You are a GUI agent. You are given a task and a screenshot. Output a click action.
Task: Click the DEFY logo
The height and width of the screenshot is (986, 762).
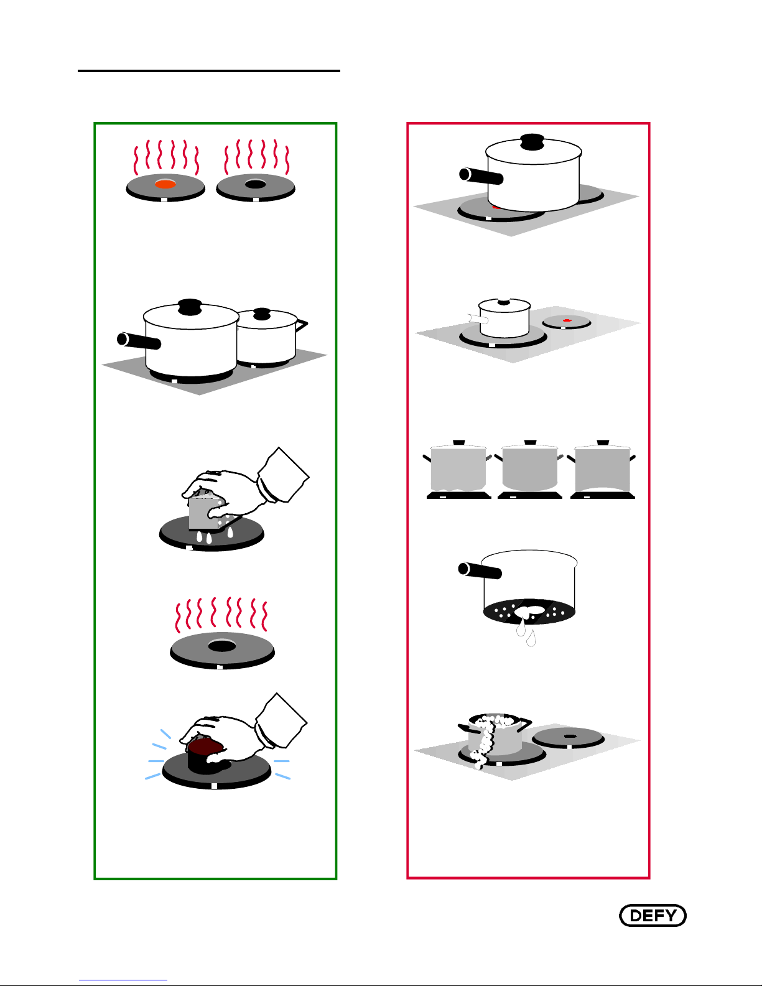tap(653, 916)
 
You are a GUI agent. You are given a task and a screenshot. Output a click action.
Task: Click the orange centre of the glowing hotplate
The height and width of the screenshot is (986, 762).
tap(165, 184)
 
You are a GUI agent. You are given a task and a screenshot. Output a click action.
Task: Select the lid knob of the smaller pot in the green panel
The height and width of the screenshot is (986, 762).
tap(263, 312)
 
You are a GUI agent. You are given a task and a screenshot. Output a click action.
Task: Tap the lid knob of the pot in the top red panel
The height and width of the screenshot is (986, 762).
tap(532, 142)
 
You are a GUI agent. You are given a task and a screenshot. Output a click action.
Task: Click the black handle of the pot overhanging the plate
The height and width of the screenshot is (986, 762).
tap(481, 176)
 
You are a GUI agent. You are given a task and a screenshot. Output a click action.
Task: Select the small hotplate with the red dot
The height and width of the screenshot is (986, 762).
tap(567, 322)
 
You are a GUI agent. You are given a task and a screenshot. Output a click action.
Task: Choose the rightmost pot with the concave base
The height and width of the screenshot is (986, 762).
tap(602, 468)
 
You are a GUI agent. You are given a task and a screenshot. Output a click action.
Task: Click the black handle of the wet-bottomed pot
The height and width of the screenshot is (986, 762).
tap(480, 570)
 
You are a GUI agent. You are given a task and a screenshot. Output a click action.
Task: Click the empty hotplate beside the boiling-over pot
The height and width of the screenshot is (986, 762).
tap(568, 737)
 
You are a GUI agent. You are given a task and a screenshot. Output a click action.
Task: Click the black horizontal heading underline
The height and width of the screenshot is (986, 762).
tap(209, 71)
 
